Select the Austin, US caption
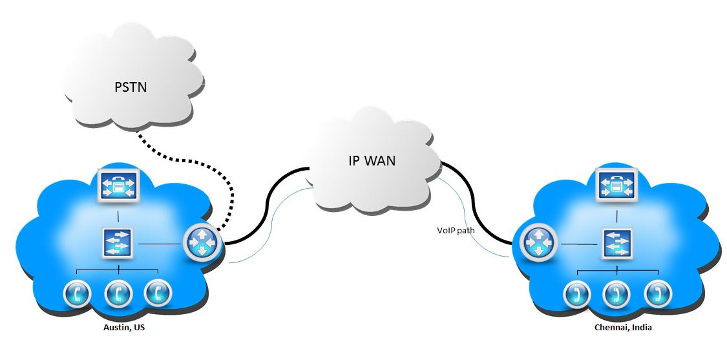coord(124,328)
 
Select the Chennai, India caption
coord(623,328)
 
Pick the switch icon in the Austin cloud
coord(117,244)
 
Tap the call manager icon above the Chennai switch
coord(616,187)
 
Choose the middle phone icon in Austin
coord(118,294)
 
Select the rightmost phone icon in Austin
coord(158,294)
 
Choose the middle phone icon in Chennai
coord(616,295)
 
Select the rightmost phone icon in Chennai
coord(658,295)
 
